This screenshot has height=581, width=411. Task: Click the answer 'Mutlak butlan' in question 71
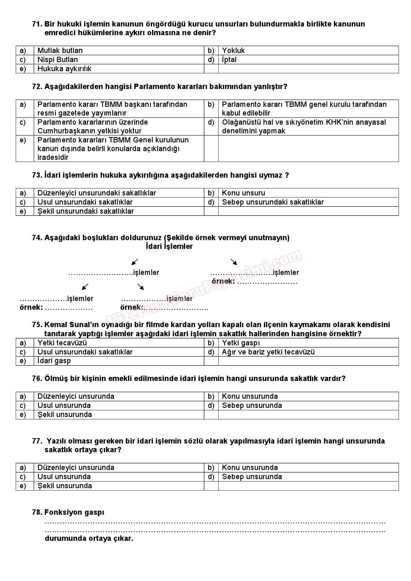coord(60,51)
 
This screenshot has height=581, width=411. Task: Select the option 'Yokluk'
coord(233,51)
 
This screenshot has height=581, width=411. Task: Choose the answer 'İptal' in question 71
coord(229,60)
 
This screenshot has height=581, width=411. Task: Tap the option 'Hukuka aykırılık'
coord(64,69)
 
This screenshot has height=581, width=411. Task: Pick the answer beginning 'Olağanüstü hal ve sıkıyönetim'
coord(304,126)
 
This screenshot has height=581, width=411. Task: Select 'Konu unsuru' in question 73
coord(243,193)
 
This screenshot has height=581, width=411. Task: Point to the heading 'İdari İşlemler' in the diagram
coord(169,246)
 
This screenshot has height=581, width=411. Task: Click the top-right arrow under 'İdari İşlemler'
coord(234,262)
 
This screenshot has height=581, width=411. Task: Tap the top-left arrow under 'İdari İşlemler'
coord(135,262)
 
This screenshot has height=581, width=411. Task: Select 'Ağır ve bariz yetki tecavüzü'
coord(268,352)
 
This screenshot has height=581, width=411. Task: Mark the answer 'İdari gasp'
coord(54,361)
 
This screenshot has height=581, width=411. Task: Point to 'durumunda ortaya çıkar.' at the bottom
coord(89,539)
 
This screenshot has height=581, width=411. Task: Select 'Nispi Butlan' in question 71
coord(58,60)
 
